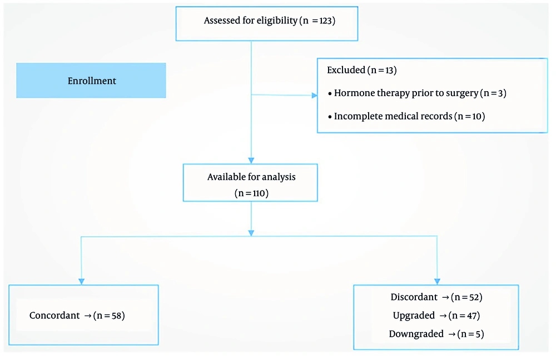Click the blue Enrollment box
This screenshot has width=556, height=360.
[x=91, y=81]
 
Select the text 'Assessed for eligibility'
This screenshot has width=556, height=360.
[x=250, y=21]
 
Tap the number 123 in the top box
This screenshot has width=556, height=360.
[x=326, y=21]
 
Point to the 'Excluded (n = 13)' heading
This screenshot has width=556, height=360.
[x=362, y=70]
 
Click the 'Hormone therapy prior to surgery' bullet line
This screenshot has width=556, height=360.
[x=417, y=93]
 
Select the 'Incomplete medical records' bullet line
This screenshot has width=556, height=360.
[x=406, y=116]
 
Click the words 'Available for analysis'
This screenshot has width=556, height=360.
[x=251, y=177]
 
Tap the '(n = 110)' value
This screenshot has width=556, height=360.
[x=251, y=193]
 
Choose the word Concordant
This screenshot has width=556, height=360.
[x=54, y=316]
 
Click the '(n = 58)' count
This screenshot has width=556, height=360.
[x=109, y=316]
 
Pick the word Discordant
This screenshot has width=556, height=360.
[x=414, y=297]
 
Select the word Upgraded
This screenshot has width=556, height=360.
[x=414, y=316]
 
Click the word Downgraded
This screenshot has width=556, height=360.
[x=416, y=334]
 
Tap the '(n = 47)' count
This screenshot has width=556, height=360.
[x=464, y=316]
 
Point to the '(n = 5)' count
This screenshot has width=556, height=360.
[x=470, y=334]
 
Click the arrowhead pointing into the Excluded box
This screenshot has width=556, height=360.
[x=315, y=96]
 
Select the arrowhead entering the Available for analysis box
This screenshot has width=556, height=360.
[x=251, y=161]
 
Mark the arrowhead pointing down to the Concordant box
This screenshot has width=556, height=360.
[x=82, y=281]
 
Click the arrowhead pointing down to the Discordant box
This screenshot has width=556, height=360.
[x=437, y=281]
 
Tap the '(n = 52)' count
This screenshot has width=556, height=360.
[x=466, y=297]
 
